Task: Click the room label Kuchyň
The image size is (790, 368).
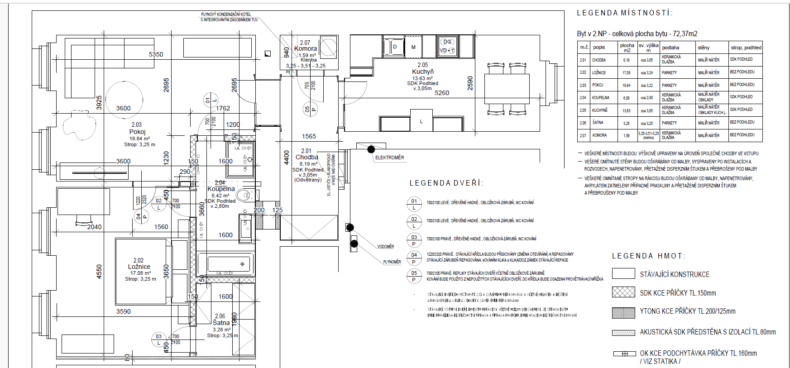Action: [422, 72]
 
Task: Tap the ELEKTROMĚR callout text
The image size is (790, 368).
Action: [389, 158]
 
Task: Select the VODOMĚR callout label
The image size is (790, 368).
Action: [385, 247]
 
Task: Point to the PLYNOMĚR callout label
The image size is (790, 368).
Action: [392, 262]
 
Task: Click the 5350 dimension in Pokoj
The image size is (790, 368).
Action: [156, 54]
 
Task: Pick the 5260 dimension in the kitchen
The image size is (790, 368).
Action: [442, 93]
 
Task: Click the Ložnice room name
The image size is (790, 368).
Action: [139, 267]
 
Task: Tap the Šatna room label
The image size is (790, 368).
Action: [221, 323]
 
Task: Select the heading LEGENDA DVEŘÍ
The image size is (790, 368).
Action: [446, 183]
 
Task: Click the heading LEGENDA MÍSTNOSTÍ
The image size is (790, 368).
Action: [624, 13]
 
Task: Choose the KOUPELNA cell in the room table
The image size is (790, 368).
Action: [600, 97]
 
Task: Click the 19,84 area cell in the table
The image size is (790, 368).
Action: [626, 85]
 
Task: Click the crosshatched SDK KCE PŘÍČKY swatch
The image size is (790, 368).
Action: [623, 292]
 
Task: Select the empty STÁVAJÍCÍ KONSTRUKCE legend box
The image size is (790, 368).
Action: [623, 273]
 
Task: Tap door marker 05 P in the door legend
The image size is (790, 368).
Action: [414, 276]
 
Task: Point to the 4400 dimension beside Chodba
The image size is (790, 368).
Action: [286, 157]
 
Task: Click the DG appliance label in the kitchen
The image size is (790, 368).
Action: [447, 42]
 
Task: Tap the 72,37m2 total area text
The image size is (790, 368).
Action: [685, 33]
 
